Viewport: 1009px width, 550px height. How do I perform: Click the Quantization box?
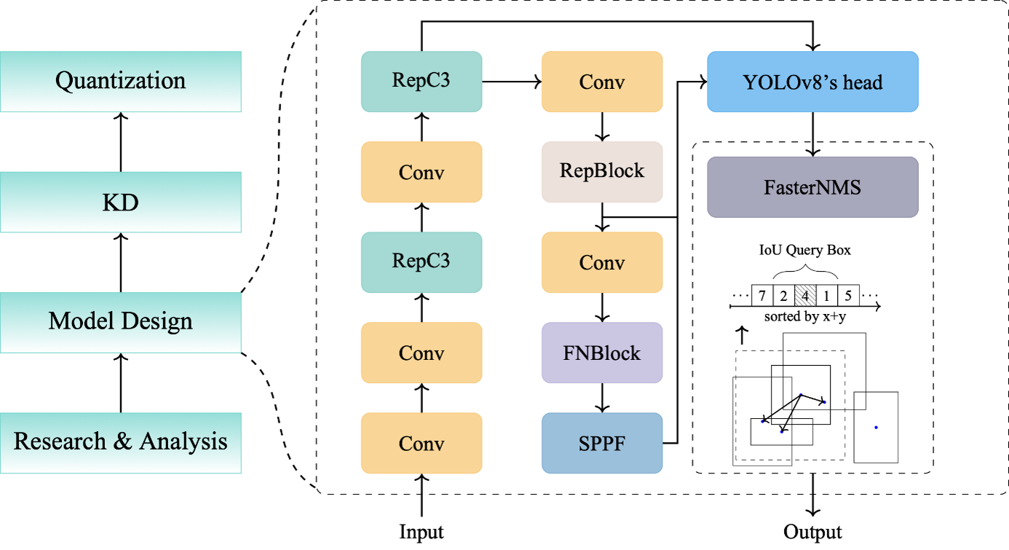[x=121, y=81]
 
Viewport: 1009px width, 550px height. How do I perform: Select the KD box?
[x=121, y=202]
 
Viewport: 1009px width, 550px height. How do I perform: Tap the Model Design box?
[x=121, y=322]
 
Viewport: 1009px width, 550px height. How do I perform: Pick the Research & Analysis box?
[x=121, y=442]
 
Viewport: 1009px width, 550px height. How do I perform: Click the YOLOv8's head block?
[x=812, y=82]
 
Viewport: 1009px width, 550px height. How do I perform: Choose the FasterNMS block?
[x=812, y=187]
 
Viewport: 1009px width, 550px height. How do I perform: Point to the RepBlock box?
[x=602, y=172]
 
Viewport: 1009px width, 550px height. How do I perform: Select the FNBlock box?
[x=602, y=353]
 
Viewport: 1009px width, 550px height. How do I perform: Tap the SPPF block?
[x=602, y=443]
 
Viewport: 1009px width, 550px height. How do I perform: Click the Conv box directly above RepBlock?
[x=602, y=82]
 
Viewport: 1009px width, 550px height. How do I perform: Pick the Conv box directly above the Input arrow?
[x=422, y=443]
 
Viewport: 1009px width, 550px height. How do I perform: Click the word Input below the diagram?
[x=422, y=532]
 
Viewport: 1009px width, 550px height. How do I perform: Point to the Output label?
[x=812, y=532]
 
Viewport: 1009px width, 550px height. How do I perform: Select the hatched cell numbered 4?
[x=804, y=296]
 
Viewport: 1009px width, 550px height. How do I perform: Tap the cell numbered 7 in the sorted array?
[x=761, y=296]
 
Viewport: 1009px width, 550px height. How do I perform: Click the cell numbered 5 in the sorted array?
[x=848, y=296]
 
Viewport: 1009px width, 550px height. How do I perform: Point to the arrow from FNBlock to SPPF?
[x=602, y=398]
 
